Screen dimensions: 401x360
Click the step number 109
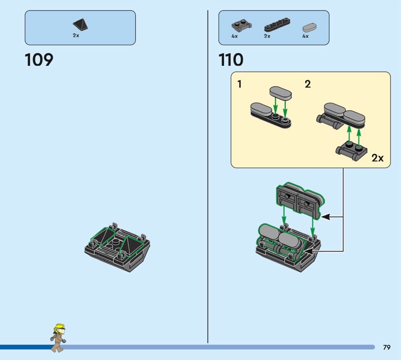coord(39,60)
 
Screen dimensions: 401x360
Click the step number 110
coord(231,60)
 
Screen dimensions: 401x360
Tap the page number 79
coord(386,347)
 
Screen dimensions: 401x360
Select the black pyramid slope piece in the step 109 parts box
coord(81,25)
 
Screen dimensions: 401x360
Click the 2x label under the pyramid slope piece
coord(76,36)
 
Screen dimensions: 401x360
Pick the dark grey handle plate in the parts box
coord(242,26)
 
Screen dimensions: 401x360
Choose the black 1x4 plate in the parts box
coord(277,25)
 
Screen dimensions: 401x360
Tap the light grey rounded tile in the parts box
coord(310,28)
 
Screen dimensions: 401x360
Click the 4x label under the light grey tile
coord(306,36)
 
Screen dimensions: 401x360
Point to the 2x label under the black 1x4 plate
coord(267,36)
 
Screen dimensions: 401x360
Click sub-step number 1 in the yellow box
coord(240,84)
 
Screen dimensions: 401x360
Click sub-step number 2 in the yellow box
coord(308,84)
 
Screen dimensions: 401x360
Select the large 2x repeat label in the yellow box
coord(377,158)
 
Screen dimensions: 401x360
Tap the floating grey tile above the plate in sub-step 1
coord(281,93)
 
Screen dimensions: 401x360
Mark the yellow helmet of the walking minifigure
coord(60,327)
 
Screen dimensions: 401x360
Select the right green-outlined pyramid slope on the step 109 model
coord(131,246)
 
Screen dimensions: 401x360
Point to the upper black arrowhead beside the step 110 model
coord(325,217)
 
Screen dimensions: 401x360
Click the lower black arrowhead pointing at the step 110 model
coord(308,251)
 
